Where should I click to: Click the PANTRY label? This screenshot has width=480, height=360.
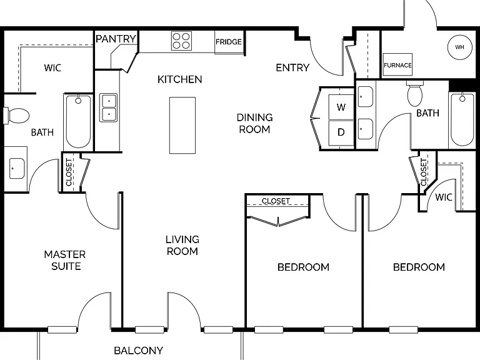click(x=116, y=39)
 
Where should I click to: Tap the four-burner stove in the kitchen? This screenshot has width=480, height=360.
click(x=181, y=41)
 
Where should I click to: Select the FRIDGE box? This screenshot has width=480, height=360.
click(x=229, y=42)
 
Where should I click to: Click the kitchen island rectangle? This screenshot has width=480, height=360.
click(x=182, y=125)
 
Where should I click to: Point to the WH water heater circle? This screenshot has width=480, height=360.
click(x=460, y=47)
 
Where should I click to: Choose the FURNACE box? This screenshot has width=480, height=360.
click(x=397, y=65)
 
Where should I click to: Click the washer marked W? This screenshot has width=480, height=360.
click(x=341, y=107)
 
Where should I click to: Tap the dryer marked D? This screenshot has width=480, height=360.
click(x=341, y=132)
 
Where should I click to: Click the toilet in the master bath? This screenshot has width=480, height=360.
click(x=16, y=116)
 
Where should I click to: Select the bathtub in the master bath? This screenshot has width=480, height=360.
click(x=78, y=122)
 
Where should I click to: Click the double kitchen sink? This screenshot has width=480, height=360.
click(x=109, y=107)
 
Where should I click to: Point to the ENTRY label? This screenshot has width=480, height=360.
click(x=292, y=67)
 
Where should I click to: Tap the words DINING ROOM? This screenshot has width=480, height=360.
click(x=255, y=123)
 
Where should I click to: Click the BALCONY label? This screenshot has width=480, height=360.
click(x=138, y=351)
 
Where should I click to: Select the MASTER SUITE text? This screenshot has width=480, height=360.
click(x=65, y=260)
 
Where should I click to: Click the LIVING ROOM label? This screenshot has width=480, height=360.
click(x=182, y=245)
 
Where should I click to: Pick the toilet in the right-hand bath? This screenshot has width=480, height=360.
click(x=415, y=93)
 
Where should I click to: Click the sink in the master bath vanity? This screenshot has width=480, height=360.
click(x=17, y=168)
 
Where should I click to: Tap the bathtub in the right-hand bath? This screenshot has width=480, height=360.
click(x=462, y=120)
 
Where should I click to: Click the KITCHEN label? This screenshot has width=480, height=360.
click(x=180, y=79)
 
